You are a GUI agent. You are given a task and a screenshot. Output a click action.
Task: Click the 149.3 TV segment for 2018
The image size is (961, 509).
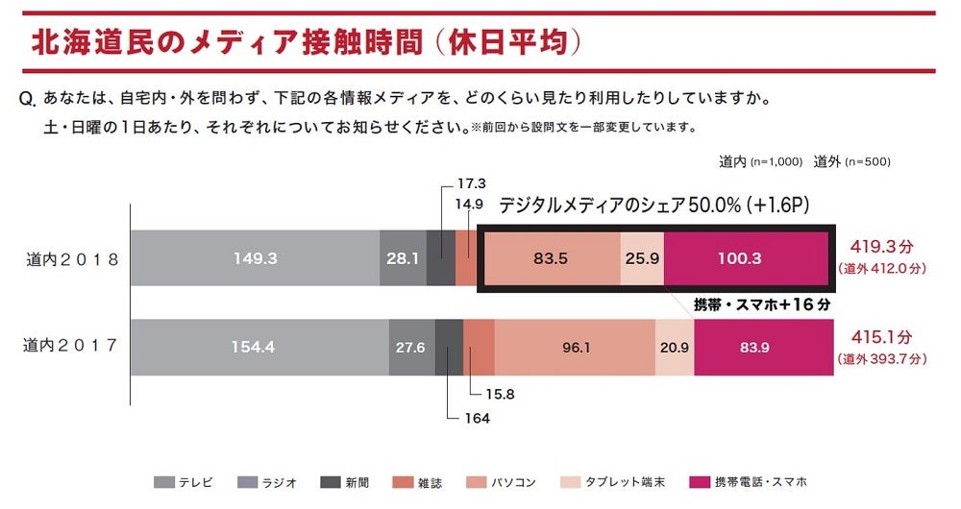tap(255, 257)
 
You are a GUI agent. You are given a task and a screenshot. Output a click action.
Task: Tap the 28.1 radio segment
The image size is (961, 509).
tap(403, 257)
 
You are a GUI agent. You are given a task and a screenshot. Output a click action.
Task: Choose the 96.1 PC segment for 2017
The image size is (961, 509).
tap(575, 347)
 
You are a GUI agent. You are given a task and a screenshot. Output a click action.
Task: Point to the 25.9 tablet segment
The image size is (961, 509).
tap(642, 257)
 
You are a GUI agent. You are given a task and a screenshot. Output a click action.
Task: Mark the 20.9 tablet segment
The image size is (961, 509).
tap(675, 347)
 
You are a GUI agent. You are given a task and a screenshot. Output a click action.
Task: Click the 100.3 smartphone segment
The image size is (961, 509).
tap(745, 257)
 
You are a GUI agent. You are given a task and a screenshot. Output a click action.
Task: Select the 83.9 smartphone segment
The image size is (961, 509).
tap(763, 347)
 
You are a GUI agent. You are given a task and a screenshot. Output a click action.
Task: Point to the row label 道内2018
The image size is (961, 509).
tap(72, 258)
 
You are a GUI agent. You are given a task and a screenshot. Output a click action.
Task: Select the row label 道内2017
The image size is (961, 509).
tap(72, 346)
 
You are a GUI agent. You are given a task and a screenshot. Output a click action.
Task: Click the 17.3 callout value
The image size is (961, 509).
tap(471, 182)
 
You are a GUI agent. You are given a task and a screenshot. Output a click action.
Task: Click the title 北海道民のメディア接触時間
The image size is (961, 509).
tap(226, 41)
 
